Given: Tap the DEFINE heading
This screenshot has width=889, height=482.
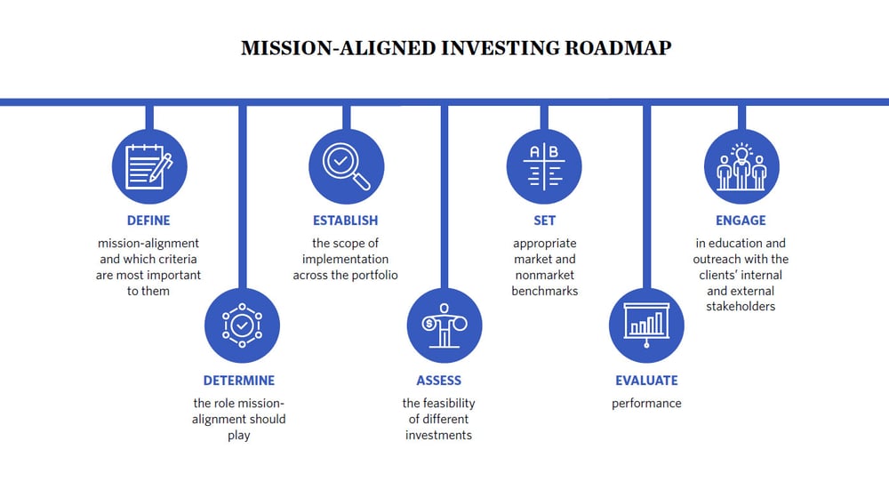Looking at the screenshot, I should coord(148,221).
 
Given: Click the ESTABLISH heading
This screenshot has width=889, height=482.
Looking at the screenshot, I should coord(345,221).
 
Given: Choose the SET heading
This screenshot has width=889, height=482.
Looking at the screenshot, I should coord(544,221).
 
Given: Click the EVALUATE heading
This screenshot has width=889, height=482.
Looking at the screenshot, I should coord(646,381).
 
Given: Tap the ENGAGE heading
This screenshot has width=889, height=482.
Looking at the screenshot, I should coord(741,221).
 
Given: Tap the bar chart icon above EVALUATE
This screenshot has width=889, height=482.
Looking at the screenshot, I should coord(646,325).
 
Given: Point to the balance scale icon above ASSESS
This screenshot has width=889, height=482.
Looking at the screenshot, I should coord(444,325).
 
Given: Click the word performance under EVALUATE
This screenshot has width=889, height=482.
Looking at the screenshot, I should coord(646,403).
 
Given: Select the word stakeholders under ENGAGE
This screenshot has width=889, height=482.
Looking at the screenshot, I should coord(741,307).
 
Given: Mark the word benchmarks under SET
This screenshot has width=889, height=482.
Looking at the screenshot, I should coord(545,291).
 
